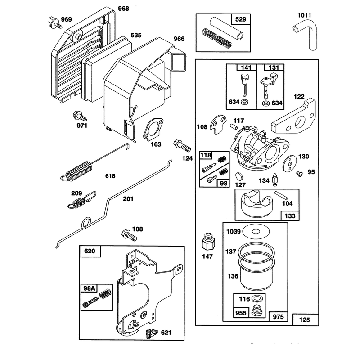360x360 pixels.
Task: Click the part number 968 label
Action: pos(123,9)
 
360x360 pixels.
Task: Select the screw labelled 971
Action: pos(80,116)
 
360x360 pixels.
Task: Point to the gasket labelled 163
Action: pos(153,130)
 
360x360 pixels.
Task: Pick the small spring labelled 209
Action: pos(82,200)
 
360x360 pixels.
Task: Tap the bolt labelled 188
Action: pos(129,235)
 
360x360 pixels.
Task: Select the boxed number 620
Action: pos(90,251)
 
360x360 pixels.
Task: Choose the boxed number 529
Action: pos(241,19)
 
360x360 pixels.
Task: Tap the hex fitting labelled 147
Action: pos(208,242)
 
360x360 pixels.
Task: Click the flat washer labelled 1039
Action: pos(256,231)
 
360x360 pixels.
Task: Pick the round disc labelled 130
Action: pos(290,164)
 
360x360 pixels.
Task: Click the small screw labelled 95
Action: pos(299,174)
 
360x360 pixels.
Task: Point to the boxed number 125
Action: pos(305,319)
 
